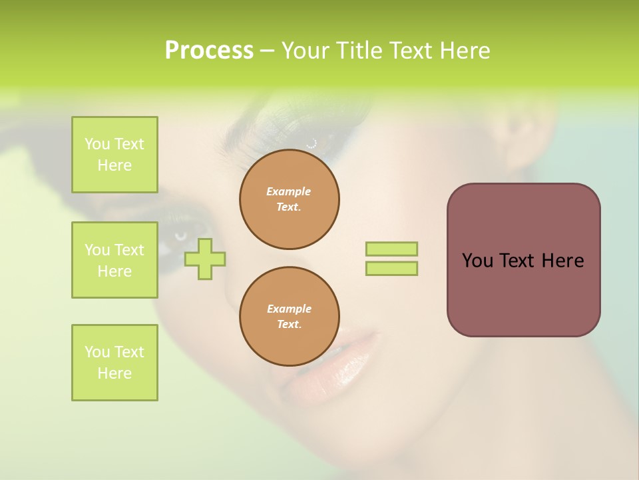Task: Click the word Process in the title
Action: click(x=209, y=51)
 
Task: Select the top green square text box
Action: click(x=114, y=155)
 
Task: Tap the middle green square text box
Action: click(x=114, y=260)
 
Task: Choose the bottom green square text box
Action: click(x=114, y=363)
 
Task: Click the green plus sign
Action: click(x=205, y=259)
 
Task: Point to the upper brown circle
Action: click(x=290, y=199)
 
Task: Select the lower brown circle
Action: click(x=290, y=317)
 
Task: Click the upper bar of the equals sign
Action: click(x=392, y=249)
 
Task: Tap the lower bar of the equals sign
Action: click(x=392, y=268)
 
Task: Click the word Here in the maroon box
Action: click(x=562, y=261)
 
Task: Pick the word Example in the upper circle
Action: click(x=289, y=191)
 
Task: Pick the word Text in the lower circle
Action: click(x=288, y=325)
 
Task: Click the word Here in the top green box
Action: click(x=114, y=165)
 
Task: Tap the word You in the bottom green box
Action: click(x=97, y=352)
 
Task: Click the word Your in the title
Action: click(x=306, y=51)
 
